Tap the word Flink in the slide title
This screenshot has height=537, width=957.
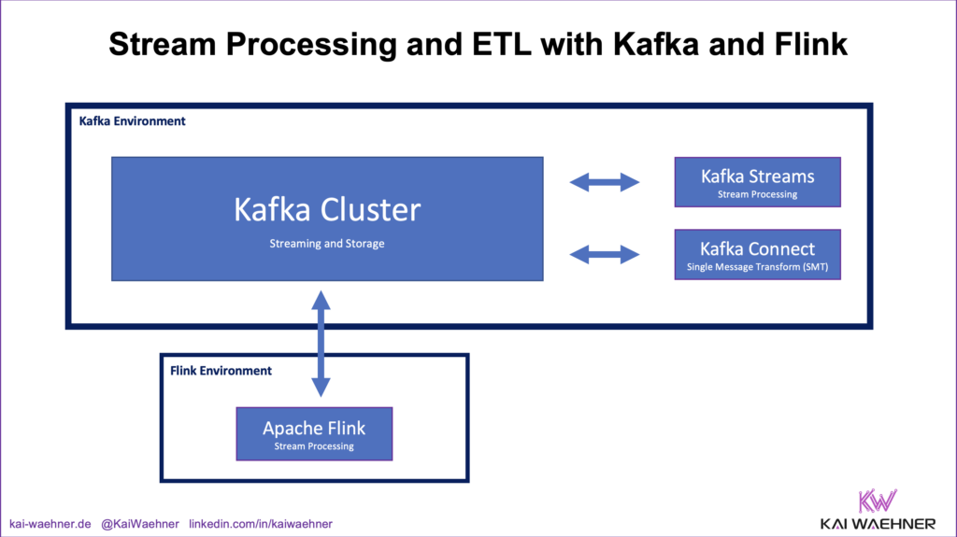[809, 43]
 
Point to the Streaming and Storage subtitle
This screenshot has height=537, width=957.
[327, 244]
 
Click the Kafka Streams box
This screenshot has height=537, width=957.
[757, 182]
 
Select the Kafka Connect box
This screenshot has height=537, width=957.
[757, 255]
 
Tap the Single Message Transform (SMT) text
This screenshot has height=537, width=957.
[757, 267]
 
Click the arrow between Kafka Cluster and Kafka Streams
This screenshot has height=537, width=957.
[605, 182]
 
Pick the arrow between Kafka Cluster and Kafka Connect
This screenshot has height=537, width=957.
[605, 253]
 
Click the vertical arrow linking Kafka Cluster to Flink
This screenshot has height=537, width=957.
[321, 344]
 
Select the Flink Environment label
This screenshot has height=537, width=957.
[221, 371]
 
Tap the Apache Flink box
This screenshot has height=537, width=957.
[314, 433]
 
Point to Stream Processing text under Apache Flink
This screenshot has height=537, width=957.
[314, 446]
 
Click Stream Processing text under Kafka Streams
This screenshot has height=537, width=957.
[757, 194]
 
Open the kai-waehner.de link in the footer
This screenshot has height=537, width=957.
[50, 524]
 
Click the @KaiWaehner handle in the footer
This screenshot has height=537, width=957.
[140, 524]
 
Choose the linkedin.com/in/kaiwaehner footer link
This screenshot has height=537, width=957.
[261, 524]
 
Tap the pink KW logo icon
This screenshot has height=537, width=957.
[877, 500]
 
